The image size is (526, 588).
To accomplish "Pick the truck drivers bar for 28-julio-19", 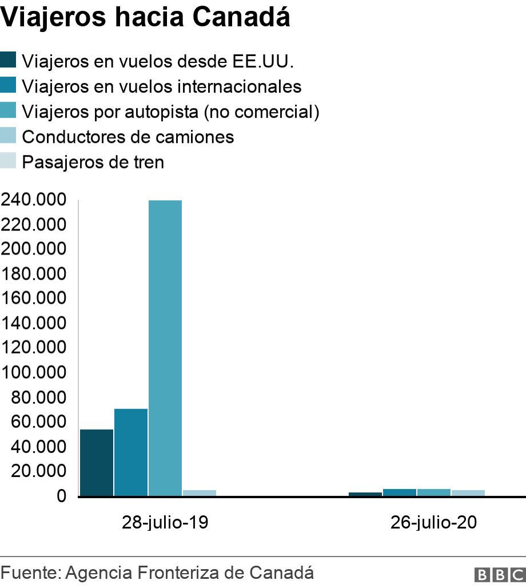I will point(200,492).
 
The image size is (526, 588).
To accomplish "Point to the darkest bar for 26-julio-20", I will point(365,494).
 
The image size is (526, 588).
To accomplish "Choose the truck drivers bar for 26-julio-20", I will point(468,492).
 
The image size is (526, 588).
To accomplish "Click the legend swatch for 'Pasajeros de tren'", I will point(9,161).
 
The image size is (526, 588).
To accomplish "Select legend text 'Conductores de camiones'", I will point(127,137).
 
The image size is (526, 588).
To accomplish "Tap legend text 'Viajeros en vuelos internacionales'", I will point(161,86).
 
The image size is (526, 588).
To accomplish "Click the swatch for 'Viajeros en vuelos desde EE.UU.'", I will point(9,59).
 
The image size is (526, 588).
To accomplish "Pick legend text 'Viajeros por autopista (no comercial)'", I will point(170,112).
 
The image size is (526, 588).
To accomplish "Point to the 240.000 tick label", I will point(34,200).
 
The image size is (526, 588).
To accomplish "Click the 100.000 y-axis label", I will point(34,372).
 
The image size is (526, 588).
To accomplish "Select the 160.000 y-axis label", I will point(34,299).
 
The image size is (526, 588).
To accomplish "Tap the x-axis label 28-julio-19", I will point(165,523).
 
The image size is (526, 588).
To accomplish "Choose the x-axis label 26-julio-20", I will point(433,523).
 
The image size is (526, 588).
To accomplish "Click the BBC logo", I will point(499,574).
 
